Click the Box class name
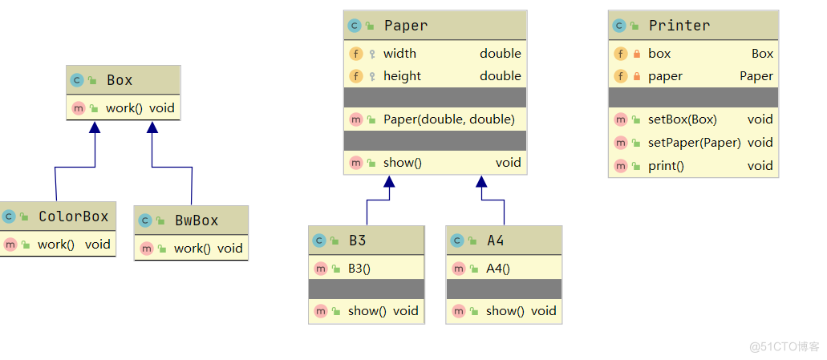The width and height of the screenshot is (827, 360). pos(120,80)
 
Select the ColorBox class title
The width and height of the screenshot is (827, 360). pos(73,216)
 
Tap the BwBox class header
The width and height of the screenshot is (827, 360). pos(196,220)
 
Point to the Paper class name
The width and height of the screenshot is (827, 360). pos(405,26)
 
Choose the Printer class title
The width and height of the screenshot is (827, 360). pos(679,26)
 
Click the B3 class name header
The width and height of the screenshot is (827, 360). pos(357,240)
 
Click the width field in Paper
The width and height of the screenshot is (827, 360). pos(399,54)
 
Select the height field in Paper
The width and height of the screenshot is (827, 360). pos(402,76)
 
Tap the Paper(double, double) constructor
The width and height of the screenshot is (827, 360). pos(448,119)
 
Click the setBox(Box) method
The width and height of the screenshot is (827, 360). pos(682,119)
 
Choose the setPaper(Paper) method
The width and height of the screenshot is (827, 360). pos(694,143)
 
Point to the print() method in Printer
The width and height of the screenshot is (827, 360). pos(666,166)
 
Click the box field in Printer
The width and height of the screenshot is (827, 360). pos(659,54)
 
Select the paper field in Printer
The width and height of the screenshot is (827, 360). pos(665,76)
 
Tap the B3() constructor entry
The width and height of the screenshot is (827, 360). pos(359,269)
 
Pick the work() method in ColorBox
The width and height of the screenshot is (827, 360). pos(56,245)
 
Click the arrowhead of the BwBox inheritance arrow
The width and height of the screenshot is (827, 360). pos(152,127)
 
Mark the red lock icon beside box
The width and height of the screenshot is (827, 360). pos(636,54)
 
